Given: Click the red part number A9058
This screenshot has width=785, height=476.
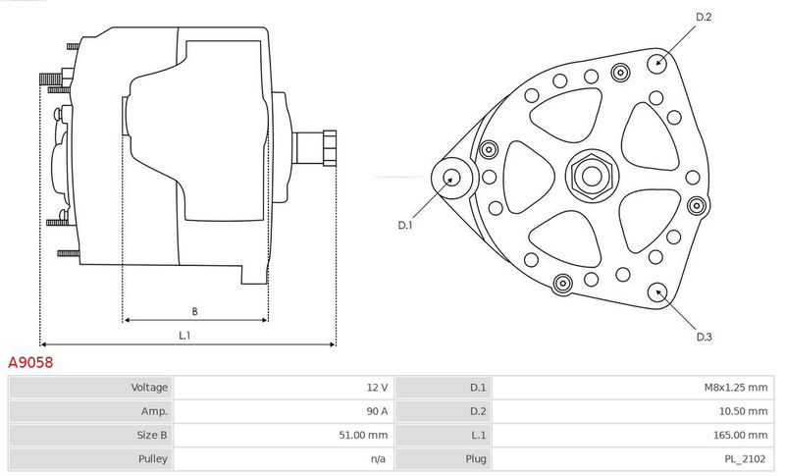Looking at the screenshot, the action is point(30,362).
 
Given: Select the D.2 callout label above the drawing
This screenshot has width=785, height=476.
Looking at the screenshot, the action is point(704,17).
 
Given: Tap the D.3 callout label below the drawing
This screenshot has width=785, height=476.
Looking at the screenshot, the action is point(704,337).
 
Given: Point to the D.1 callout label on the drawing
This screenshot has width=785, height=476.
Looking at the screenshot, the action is point(404,225).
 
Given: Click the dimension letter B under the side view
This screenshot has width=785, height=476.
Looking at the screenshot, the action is point(194,311).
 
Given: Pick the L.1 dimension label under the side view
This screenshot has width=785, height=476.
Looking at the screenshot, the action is point(184,336).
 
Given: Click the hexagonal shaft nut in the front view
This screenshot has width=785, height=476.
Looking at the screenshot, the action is point(593,176).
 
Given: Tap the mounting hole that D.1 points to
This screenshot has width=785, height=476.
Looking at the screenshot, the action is point(452,178).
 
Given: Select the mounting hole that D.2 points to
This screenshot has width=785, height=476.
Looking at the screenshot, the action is point(657,63).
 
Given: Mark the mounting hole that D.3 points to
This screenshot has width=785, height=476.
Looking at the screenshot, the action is point(657,292).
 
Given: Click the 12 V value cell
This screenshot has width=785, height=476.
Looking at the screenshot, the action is point(377,388).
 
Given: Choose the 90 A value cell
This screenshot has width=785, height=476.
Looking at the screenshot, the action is point(377,411).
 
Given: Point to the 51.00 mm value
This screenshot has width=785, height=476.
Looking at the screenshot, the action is point(363,435).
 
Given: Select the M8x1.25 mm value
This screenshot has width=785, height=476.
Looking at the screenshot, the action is point(735,388).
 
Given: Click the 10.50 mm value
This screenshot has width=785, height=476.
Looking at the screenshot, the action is point(742,411).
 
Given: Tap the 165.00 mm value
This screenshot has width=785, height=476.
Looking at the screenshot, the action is point(740,435).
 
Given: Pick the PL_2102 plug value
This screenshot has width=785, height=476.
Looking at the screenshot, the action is point(745,459).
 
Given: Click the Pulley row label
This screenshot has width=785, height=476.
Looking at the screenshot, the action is point(153,459).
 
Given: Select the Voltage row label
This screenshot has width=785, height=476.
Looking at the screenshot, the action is point(149,388).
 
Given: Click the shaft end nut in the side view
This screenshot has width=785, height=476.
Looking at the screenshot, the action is point(330,147).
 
